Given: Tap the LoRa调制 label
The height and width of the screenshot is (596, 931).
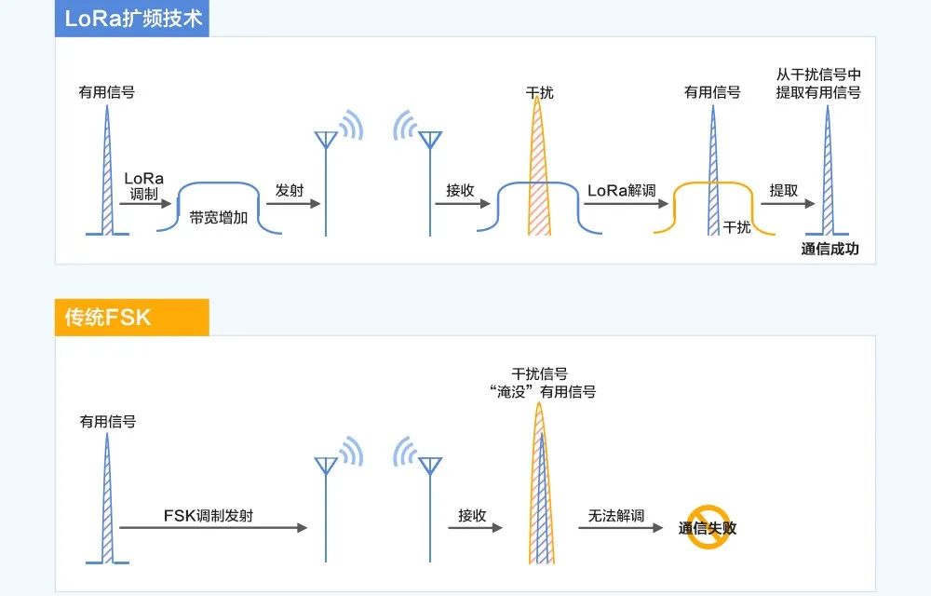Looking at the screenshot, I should [x=143, y=185].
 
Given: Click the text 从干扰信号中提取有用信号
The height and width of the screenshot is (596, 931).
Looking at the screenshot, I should [x=818, y=83].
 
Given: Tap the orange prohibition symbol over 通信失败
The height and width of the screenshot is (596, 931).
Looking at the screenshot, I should [x=708, y=526].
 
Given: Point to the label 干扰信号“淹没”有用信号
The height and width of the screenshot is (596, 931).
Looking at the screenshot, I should [x=541, y=383].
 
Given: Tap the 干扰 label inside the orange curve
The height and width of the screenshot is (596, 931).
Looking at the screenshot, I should [x=736, y=226].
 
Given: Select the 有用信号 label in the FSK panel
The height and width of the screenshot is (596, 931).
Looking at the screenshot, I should [x=107, y=421].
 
